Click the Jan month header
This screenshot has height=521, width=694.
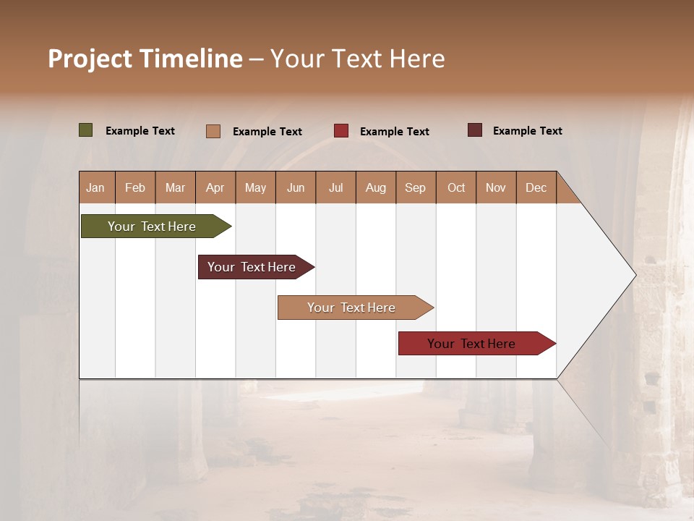tap(96, 187)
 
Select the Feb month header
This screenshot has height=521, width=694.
tap(135, 187)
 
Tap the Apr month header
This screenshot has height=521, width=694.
tap(215, 187)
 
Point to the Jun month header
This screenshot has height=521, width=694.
tap(296, 187)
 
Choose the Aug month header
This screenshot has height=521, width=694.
tap(376, 187)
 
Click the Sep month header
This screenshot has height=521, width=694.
tap(416, 187)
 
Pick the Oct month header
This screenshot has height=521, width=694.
tap(456, 187)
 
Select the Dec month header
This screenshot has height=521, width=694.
tap(536, 187)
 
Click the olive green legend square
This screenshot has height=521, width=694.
tap(86, 130)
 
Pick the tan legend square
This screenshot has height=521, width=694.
tap(213, 131)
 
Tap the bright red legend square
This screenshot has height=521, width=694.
tap(341, 131)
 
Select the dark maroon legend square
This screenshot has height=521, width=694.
tap(475, 130)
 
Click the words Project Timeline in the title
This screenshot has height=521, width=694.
tap(145, 59)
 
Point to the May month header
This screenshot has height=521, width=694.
tap(255, 187)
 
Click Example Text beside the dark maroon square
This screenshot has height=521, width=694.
tap(527, 131)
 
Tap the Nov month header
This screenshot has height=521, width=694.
tap(496, 187)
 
